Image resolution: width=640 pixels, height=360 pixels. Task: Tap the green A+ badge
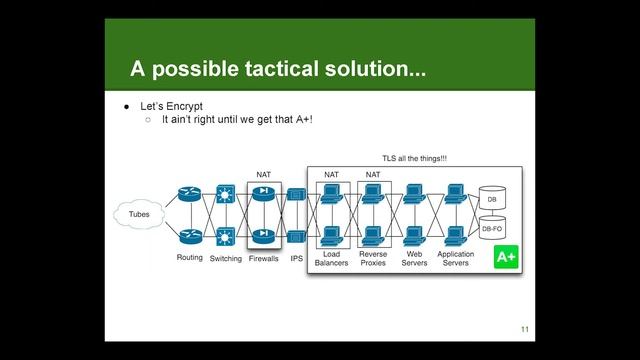click(x=506, y=259)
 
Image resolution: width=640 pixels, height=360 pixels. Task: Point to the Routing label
click(x=189, y=258)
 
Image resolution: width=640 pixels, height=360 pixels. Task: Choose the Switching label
click(x=226, y=258)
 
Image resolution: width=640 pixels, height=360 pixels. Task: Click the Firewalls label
click(x=264, y=258)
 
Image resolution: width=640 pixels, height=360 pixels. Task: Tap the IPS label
click(x=296, y=258)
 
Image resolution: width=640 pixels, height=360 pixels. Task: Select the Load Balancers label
click(x=331, y=259)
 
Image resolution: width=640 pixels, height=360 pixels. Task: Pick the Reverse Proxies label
click(x=373, y=259)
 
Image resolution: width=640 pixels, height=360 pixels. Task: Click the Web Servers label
click(x=415, y=259)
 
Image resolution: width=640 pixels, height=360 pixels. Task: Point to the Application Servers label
click(x=456, y=259)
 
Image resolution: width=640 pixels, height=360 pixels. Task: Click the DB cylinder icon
click(x=491, y=199)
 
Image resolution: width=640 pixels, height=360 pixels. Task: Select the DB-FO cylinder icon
click(x=491, y=229)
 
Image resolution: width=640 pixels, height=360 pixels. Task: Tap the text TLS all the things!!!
click(x=414, y=158)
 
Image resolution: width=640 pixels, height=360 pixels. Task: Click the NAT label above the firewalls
click(x=264, y=174)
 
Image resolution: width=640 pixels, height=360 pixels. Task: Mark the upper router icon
click(x=189, y=195)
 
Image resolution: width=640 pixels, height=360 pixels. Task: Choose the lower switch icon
click(x=225, y=236)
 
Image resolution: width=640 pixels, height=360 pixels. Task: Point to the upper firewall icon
click(x=264, y=195)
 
